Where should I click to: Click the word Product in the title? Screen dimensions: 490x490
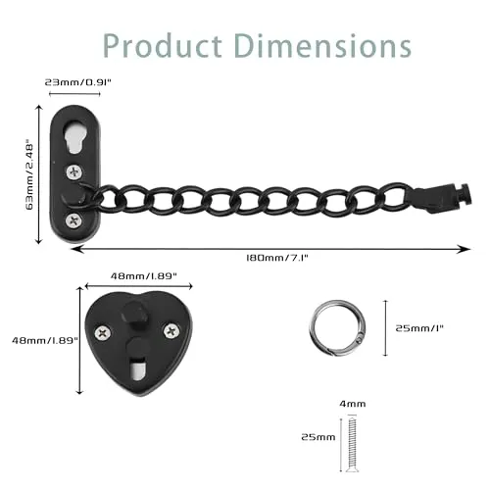click(163, 46)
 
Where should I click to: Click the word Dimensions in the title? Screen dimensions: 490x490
click(322, 46)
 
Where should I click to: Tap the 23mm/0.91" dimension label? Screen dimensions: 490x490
click(78, 81)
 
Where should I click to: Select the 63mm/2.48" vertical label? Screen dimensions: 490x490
click(29, 174)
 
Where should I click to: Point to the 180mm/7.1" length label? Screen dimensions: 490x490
click(277, 258)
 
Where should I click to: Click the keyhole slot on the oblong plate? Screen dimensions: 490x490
click(74, 137)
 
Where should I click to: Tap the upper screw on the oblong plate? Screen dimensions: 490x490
click(74, 171)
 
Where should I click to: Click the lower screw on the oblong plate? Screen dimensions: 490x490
click(73, 221)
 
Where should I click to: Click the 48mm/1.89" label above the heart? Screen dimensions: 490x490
click(144, 276)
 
